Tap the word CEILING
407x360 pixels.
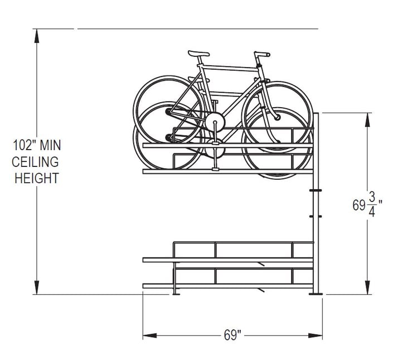pos(36,162)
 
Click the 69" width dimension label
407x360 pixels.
pos(232,335)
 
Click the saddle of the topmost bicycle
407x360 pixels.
pos(198,54)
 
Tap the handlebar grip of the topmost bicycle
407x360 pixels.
pos(263,54)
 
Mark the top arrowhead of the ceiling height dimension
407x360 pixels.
pos(37,35)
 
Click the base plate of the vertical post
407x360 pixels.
pos(317,293)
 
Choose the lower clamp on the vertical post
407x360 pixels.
pos(316,215)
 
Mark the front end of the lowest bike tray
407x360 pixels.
pos(145,286)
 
